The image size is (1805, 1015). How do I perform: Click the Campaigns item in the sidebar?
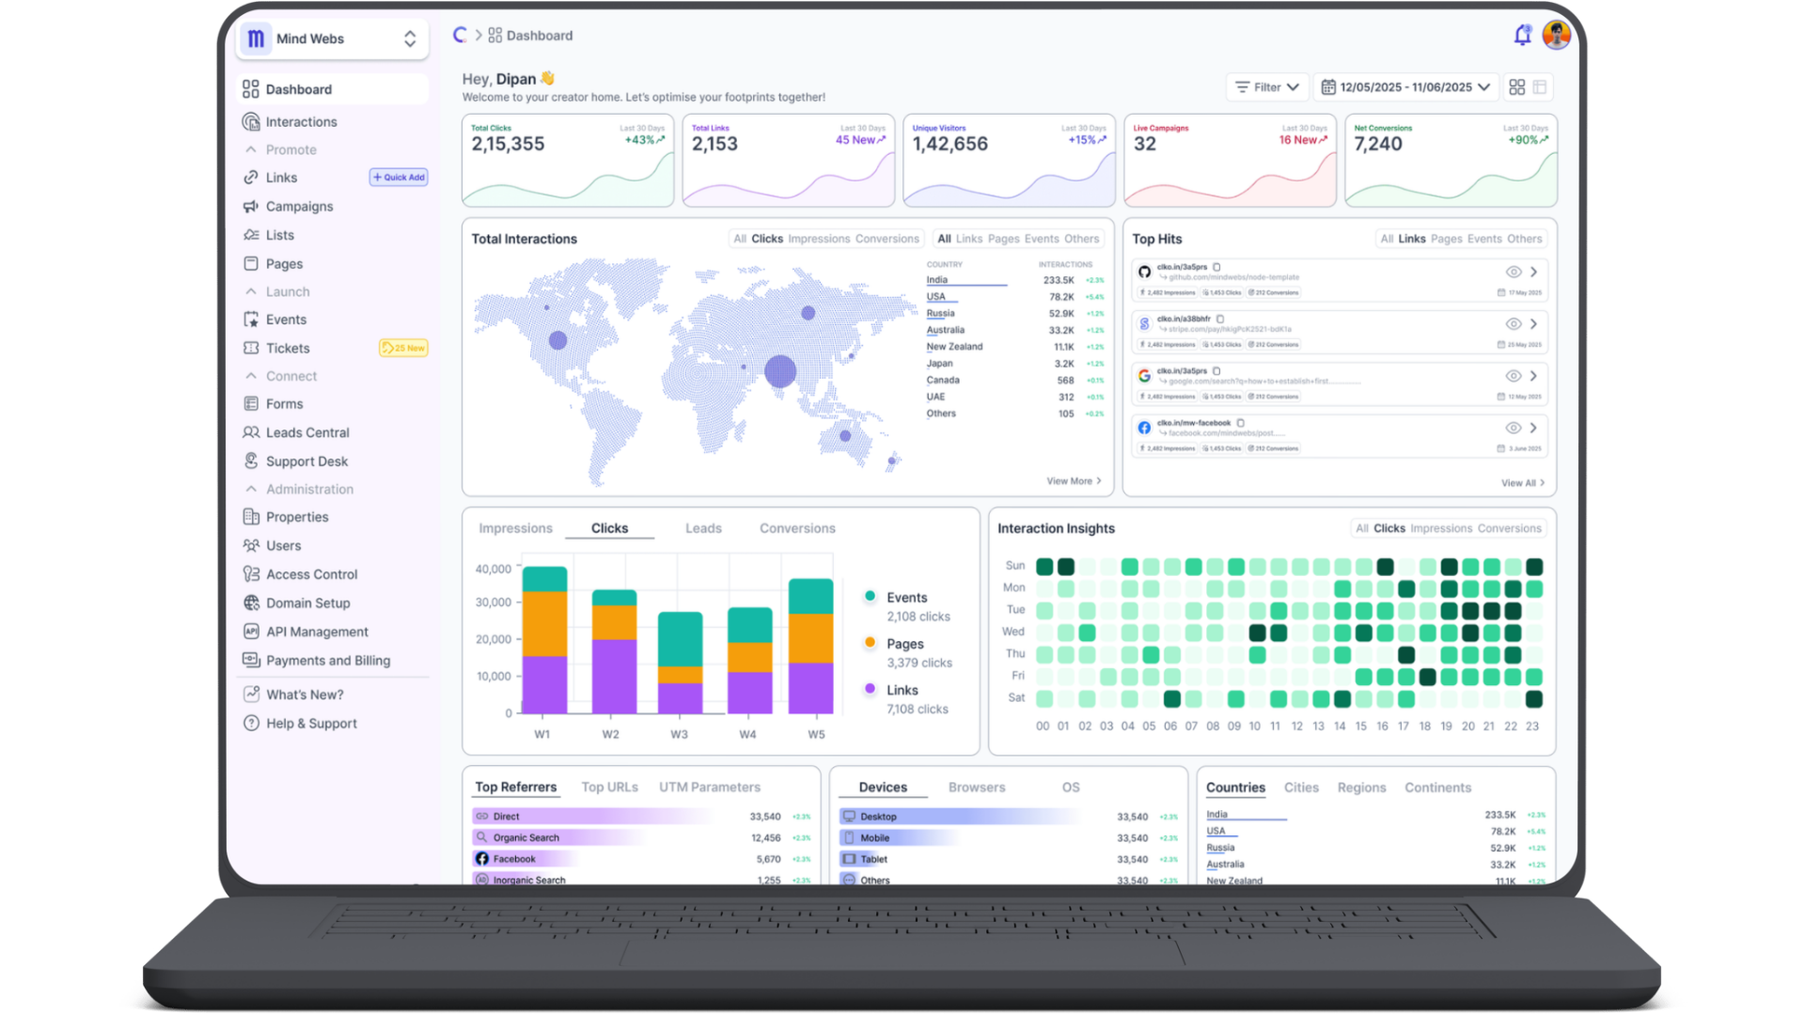(x=299, y=207)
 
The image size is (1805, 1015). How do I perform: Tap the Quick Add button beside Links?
(x=399, y=178)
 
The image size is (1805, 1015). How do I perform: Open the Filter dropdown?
(x=1266, y=87)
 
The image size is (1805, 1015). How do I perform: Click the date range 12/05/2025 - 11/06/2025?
(x=1405, y=87)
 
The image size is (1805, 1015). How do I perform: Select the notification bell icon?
(x=1522, y=36)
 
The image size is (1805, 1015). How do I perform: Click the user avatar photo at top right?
(x=1557, y=36)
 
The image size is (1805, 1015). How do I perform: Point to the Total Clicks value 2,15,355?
(x=508, y=145)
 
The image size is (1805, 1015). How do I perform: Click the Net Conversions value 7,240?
(x=1377, y=145)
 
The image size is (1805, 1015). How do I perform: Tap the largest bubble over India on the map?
(x=780, y=371)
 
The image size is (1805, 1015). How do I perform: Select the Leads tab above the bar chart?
(x=703, y=529)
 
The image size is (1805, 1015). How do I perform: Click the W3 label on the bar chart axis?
(x=679, y=735)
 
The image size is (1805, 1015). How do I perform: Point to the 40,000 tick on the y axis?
(x=494, y=570)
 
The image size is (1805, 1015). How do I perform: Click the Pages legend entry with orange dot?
(x=904, y=645)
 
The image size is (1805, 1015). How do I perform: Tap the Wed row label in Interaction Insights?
(x=1012, y=632)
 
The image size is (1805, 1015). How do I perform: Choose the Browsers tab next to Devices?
(x=976, y=788)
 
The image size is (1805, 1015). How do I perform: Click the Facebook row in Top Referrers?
(x=514, y=859)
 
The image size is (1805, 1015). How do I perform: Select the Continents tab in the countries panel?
(x=1437, y=788)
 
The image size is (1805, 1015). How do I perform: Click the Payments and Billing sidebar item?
(x=327, y=661)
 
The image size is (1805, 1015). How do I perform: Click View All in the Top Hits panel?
(x=1521, y=483)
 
